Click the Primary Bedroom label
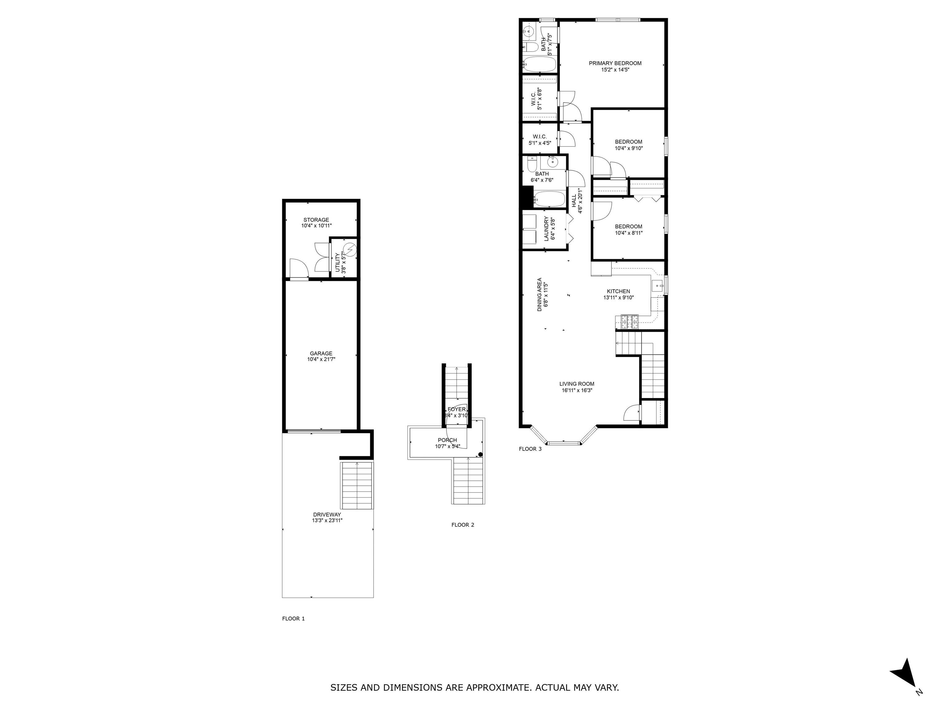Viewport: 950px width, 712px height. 615,63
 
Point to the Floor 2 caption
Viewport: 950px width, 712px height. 463,525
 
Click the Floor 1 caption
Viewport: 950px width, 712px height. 293,618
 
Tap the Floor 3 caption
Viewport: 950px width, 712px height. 530,449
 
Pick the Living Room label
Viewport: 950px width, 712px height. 577,384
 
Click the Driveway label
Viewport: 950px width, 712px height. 327,515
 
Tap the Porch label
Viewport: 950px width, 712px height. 447,440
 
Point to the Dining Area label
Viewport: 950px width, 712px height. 539,295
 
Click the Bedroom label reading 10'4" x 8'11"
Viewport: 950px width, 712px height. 628,227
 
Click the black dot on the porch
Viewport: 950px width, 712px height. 481,455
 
